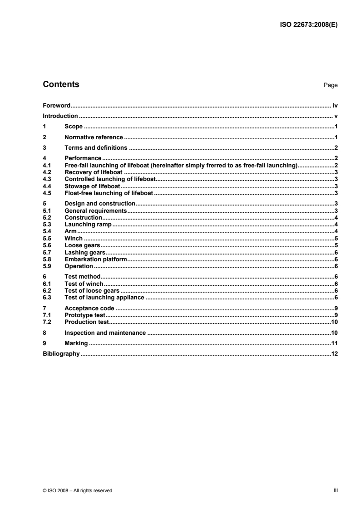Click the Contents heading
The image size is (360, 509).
point(61,84)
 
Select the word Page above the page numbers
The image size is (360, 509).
point(330,85)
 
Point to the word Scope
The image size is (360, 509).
point(74,127)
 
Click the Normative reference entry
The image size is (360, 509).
point(94,137)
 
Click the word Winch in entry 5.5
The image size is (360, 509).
point(74,238)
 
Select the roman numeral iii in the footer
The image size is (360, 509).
point(336,490)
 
